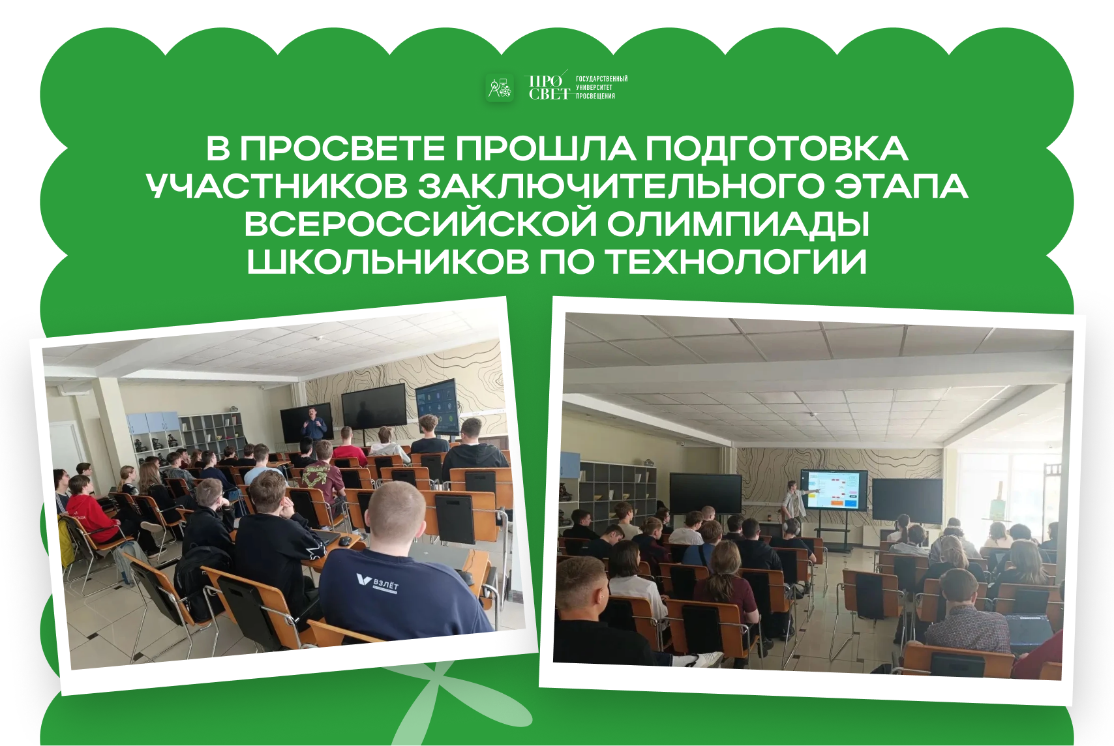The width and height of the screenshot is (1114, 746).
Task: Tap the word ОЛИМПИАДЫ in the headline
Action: [x=738, y=224]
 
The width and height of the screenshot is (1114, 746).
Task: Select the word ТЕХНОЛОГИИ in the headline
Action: [x=738, y=261]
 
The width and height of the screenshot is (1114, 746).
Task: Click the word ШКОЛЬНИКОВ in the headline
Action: [x=388, y=261]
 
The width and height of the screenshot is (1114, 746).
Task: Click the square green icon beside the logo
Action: [x=500, y=88]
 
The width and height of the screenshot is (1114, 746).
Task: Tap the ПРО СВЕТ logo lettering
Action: [x=548, y=87]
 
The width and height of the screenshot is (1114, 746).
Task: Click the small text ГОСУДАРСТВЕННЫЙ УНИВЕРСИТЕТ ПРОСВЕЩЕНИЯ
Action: [x=601, y=87]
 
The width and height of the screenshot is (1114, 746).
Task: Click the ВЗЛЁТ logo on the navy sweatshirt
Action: [x=378, y=582]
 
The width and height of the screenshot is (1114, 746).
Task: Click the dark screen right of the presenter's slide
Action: [x=907, y=500]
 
